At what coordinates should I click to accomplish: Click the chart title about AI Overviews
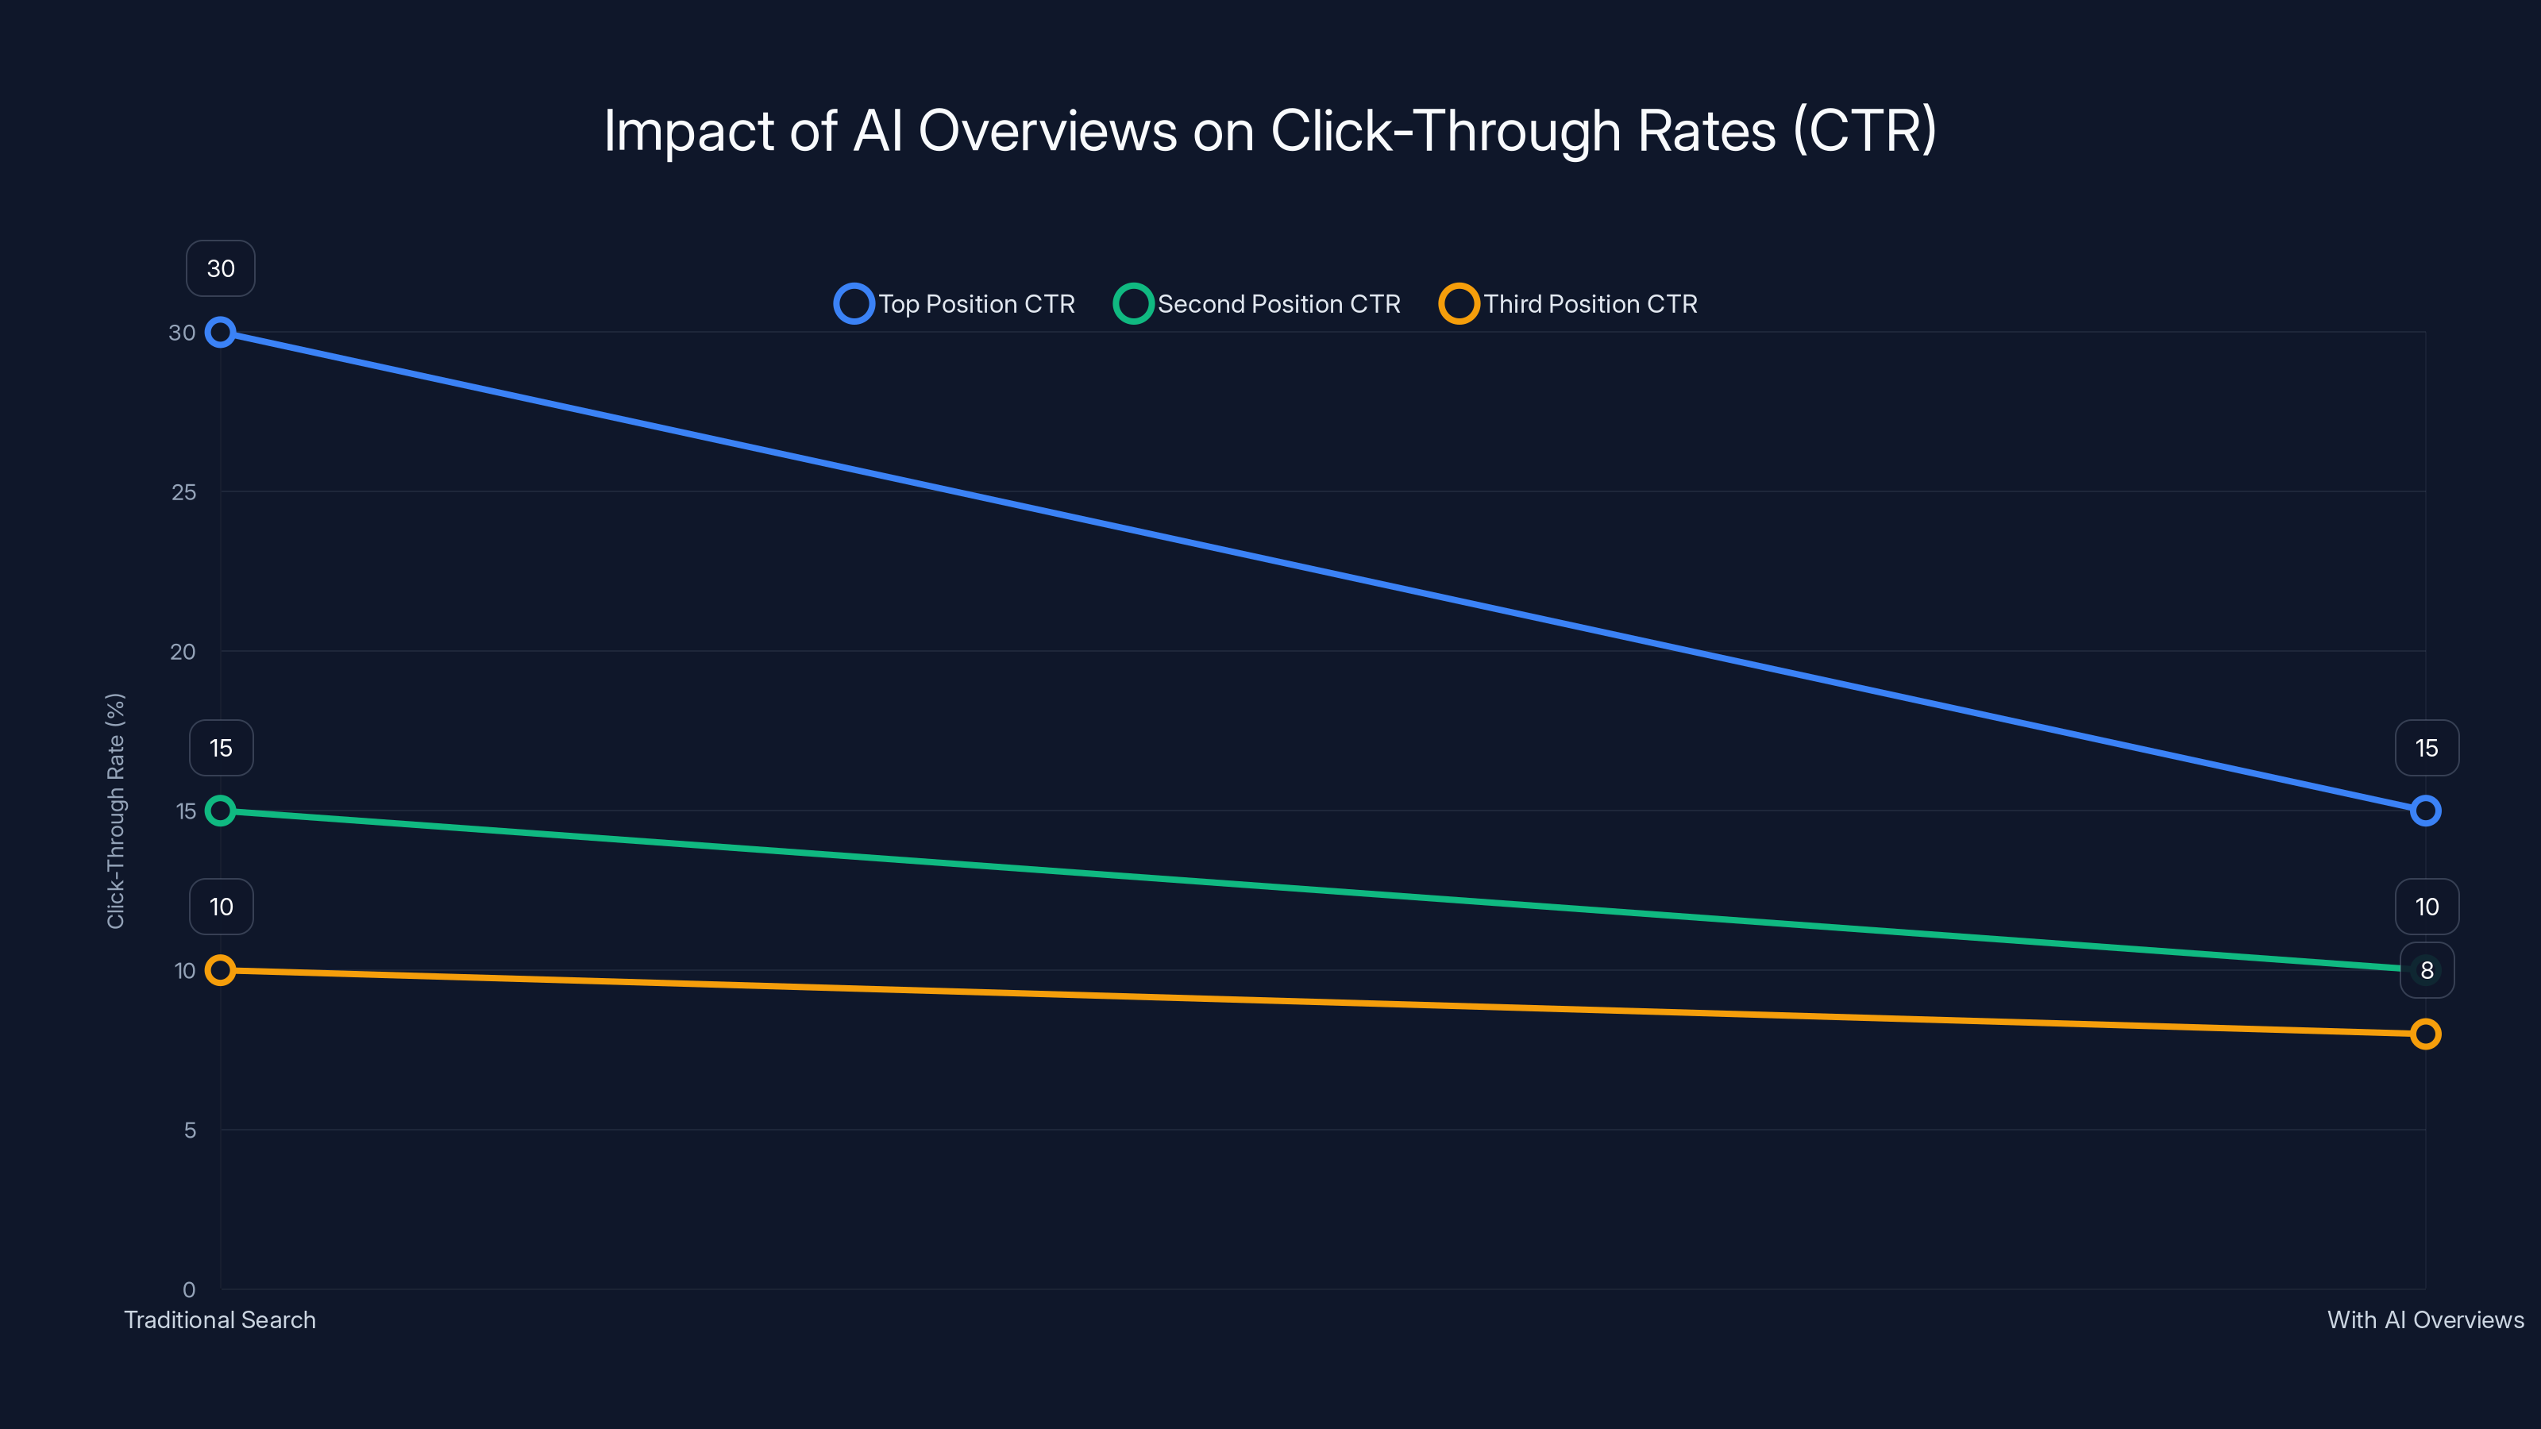1270,130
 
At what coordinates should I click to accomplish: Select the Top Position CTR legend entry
954,304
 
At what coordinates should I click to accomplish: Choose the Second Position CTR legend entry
1258,304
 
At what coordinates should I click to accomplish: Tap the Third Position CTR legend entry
1569,304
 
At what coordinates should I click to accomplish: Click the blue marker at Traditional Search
220,333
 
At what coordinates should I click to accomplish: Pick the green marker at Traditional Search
220,811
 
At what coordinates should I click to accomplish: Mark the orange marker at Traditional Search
220,970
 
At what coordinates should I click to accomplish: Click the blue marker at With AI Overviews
2426,811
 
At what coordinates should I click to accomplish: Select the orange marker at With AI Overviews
2426,1034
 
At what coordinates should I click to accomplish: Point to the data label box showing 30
220,268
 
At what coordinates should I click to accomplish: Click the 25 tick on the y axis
183,492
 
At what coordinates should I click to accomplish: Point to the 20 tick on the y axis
183,652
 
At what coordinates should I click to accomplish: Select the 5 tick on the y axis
190,1130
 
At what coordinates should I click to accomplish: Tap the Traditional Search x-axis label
220,1319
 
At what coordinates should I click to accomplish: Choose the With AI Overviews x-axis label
2424,1319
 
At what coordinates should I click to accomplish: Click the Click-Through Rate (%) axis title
115,811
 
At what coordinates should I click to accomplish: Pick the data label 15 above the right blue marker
2427,749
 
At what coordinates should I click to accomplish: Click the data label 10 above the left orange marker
221,907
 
